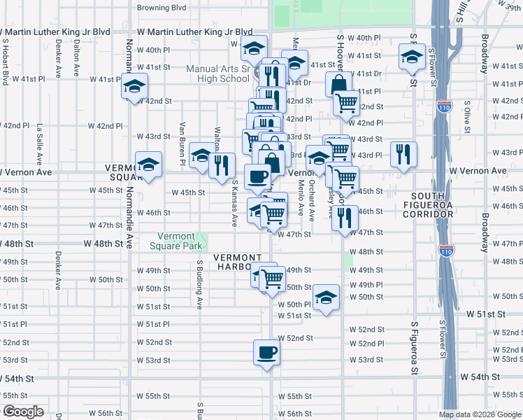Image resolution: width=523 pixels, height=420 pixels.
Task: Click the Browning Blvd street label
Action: click(x=162, y=8)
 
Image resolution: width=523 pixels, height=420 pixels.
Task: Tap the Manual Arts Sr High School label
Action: click(x=217, y=73)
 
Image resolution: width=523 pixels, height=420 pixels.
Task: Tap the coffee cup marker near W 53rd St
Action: click(x=266, y=353)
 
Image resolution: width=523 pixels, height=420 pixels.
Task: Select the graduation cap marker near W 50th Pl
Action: click(x=326, y=297)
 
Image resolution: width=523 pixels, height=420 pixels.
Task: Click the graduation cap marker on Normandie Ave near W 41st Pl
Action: click(x=134, y=87)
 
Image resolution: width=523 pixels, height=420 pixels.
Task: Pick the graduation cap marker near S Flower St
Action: click(x=412, y=57)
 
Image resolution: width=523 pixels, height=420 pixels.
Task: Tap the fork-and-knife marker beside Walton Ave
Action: click(x=222, y=166)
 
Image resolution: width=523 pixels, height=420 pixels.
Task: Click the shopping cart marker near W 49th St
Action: click(x=272, y=277)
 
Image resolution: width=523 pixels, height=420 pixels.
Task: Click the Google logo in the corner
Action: click(x=22, y=412)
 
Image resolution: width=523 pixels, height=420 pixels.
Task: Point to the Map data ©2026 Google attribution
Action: click(x=480, y=414)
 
